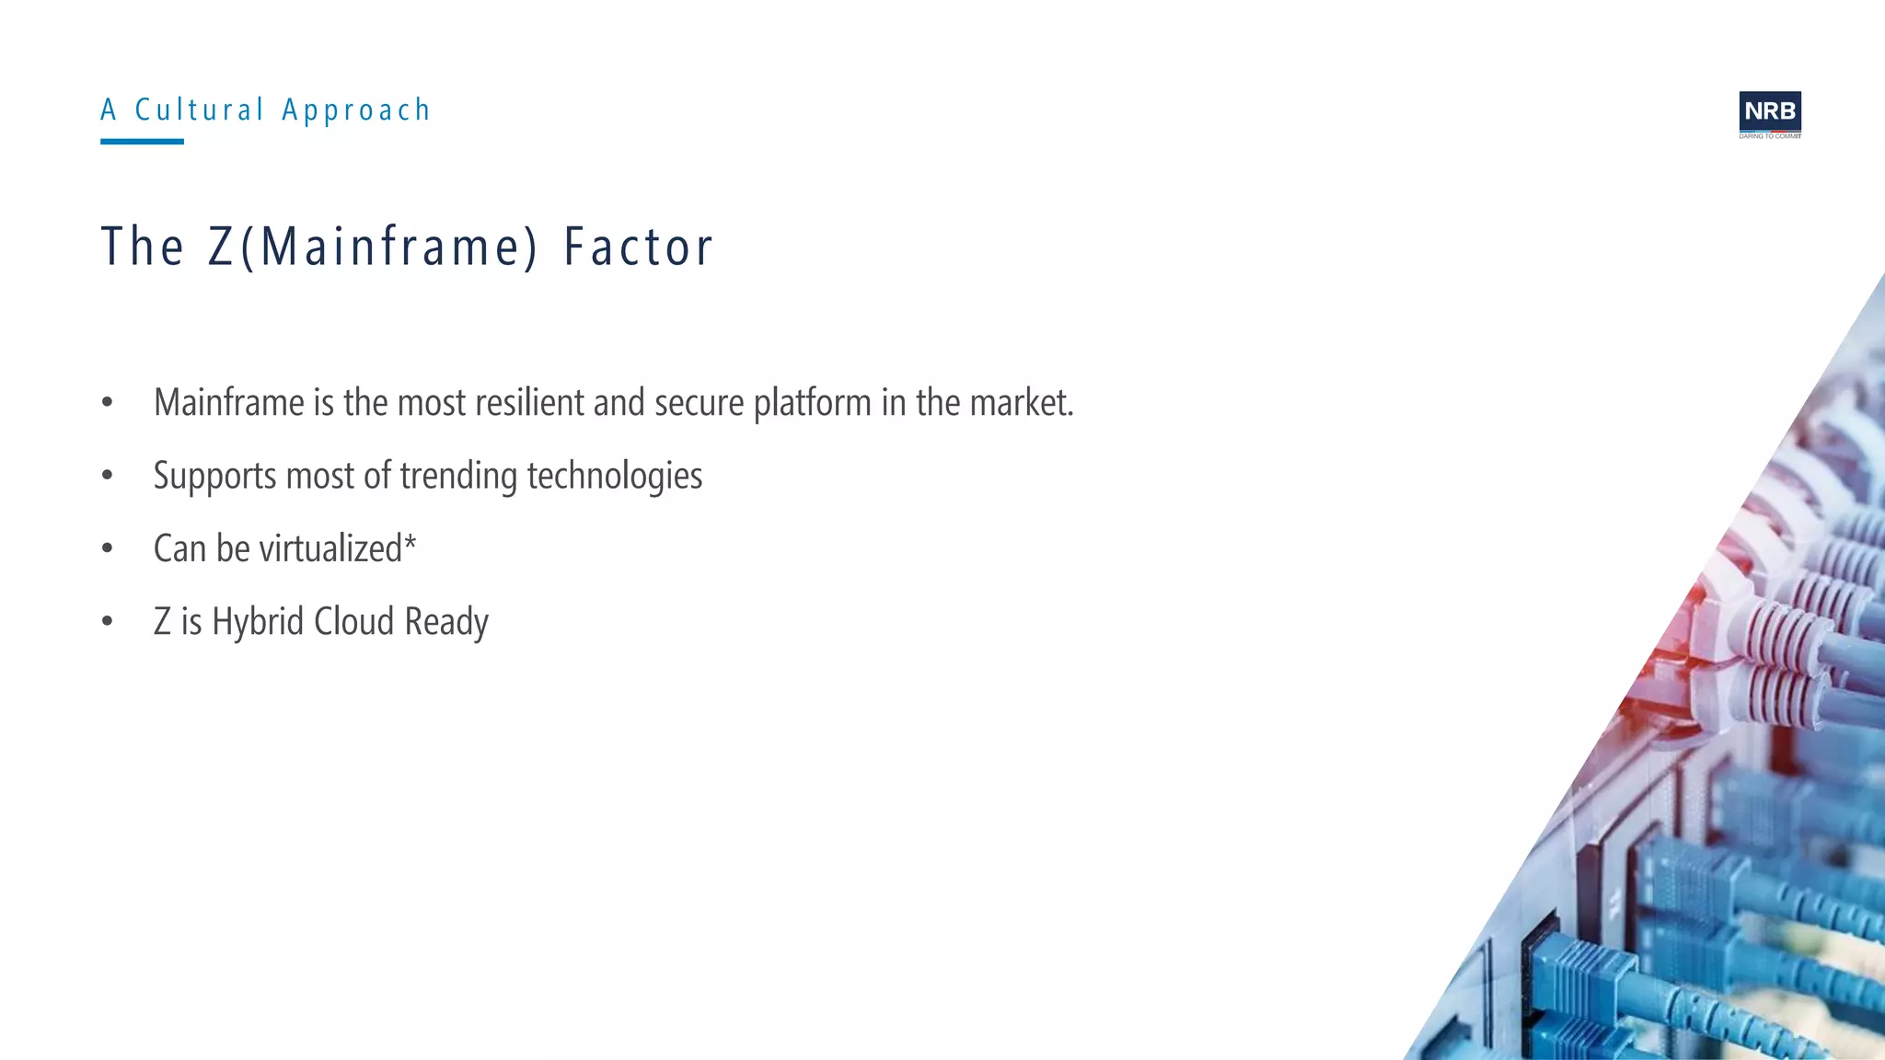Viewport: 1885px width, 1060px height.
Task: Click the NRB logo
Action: click(1769, 111)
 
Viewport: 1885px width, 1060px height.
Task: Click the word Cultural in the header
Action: click(200, 110)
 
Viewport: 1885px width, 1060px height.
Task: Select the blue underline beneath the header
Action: click(142, 142)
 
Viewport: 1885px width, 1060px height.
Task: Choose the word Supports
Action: click(214, 477)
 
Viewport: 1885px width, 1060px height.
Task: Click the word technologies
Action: click(614, 477)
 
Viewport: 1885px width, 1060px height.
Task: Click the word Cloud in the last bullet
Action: click(353, 622)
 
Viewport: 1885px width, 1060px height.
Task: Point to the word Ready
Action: click(446, 622)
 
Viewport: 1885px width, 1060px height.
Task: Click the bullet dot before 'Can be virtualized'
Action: click(108, 549)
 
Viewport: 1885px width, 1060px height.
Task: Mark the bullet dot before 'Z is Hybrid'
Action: click(108, 622)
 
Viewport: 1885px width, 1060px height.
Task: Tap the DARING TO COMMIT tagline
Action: click(1769, 136)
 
